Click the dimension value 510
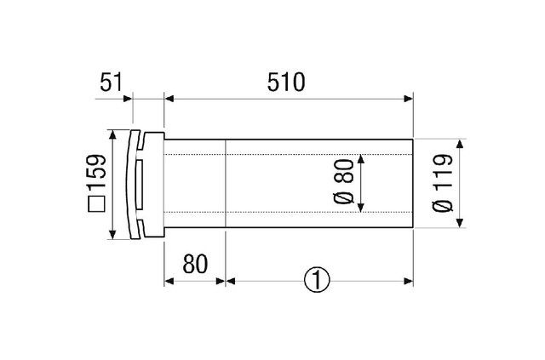286,83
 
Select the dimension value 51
112,83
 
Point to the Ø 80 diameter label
344,181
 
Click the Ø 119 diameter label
443,182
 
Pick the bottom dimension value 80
195,264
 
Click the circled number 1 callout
317,280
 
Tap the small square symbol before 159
96,204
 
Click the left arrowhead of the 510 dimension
169,99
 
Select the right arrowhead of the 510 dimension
409,99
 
